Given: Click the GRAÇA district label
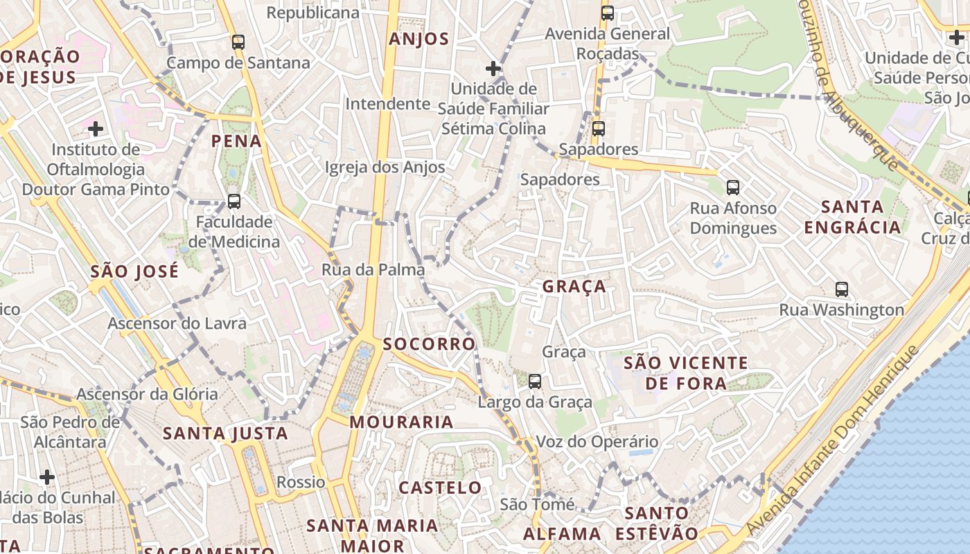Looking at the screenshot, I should (x=574, y=286).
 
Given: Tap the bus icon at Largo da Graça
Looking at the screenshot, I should (x=534, y=381).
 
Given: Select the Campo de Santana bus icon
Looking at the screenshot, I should (x=238, y=42).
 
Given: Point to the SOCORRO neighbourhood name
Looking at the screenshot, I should (x=429, y=343).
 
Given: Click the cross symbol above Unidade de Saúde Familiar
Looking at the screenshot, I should (x=493, y=69).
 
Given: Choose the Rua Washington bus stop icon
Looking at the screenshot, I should (x=842, y=289).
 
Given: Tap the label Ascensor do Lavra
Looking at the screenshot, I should (x=177, y=323).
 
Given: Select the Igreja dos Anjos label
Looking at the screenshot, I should (x=385, y=167).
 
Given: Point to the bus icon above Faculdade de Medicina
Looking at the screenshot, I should (x=234, y=202).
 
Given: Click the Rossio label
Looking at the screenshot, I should (x=301, y=482).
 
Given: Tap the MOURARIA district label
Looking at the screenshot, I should (x=401, y=422).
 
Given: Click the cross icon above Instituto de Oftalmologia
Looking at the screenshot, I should (x=96, y=129).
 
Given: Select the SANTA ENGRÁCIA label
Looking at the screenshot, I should (x=853, y=216).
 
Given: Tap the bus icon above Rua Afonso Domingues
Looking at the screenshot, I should (x=732, y=187).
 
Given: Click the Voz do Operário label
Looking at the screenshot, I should (x=597, y=442).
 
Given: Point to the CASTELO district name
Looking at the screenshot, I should (x=440, y=488).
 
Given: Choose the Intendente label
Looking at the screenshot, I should (x=388, y=104).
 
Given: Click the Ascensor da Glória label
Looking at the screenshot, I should (x=147, y=394).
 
